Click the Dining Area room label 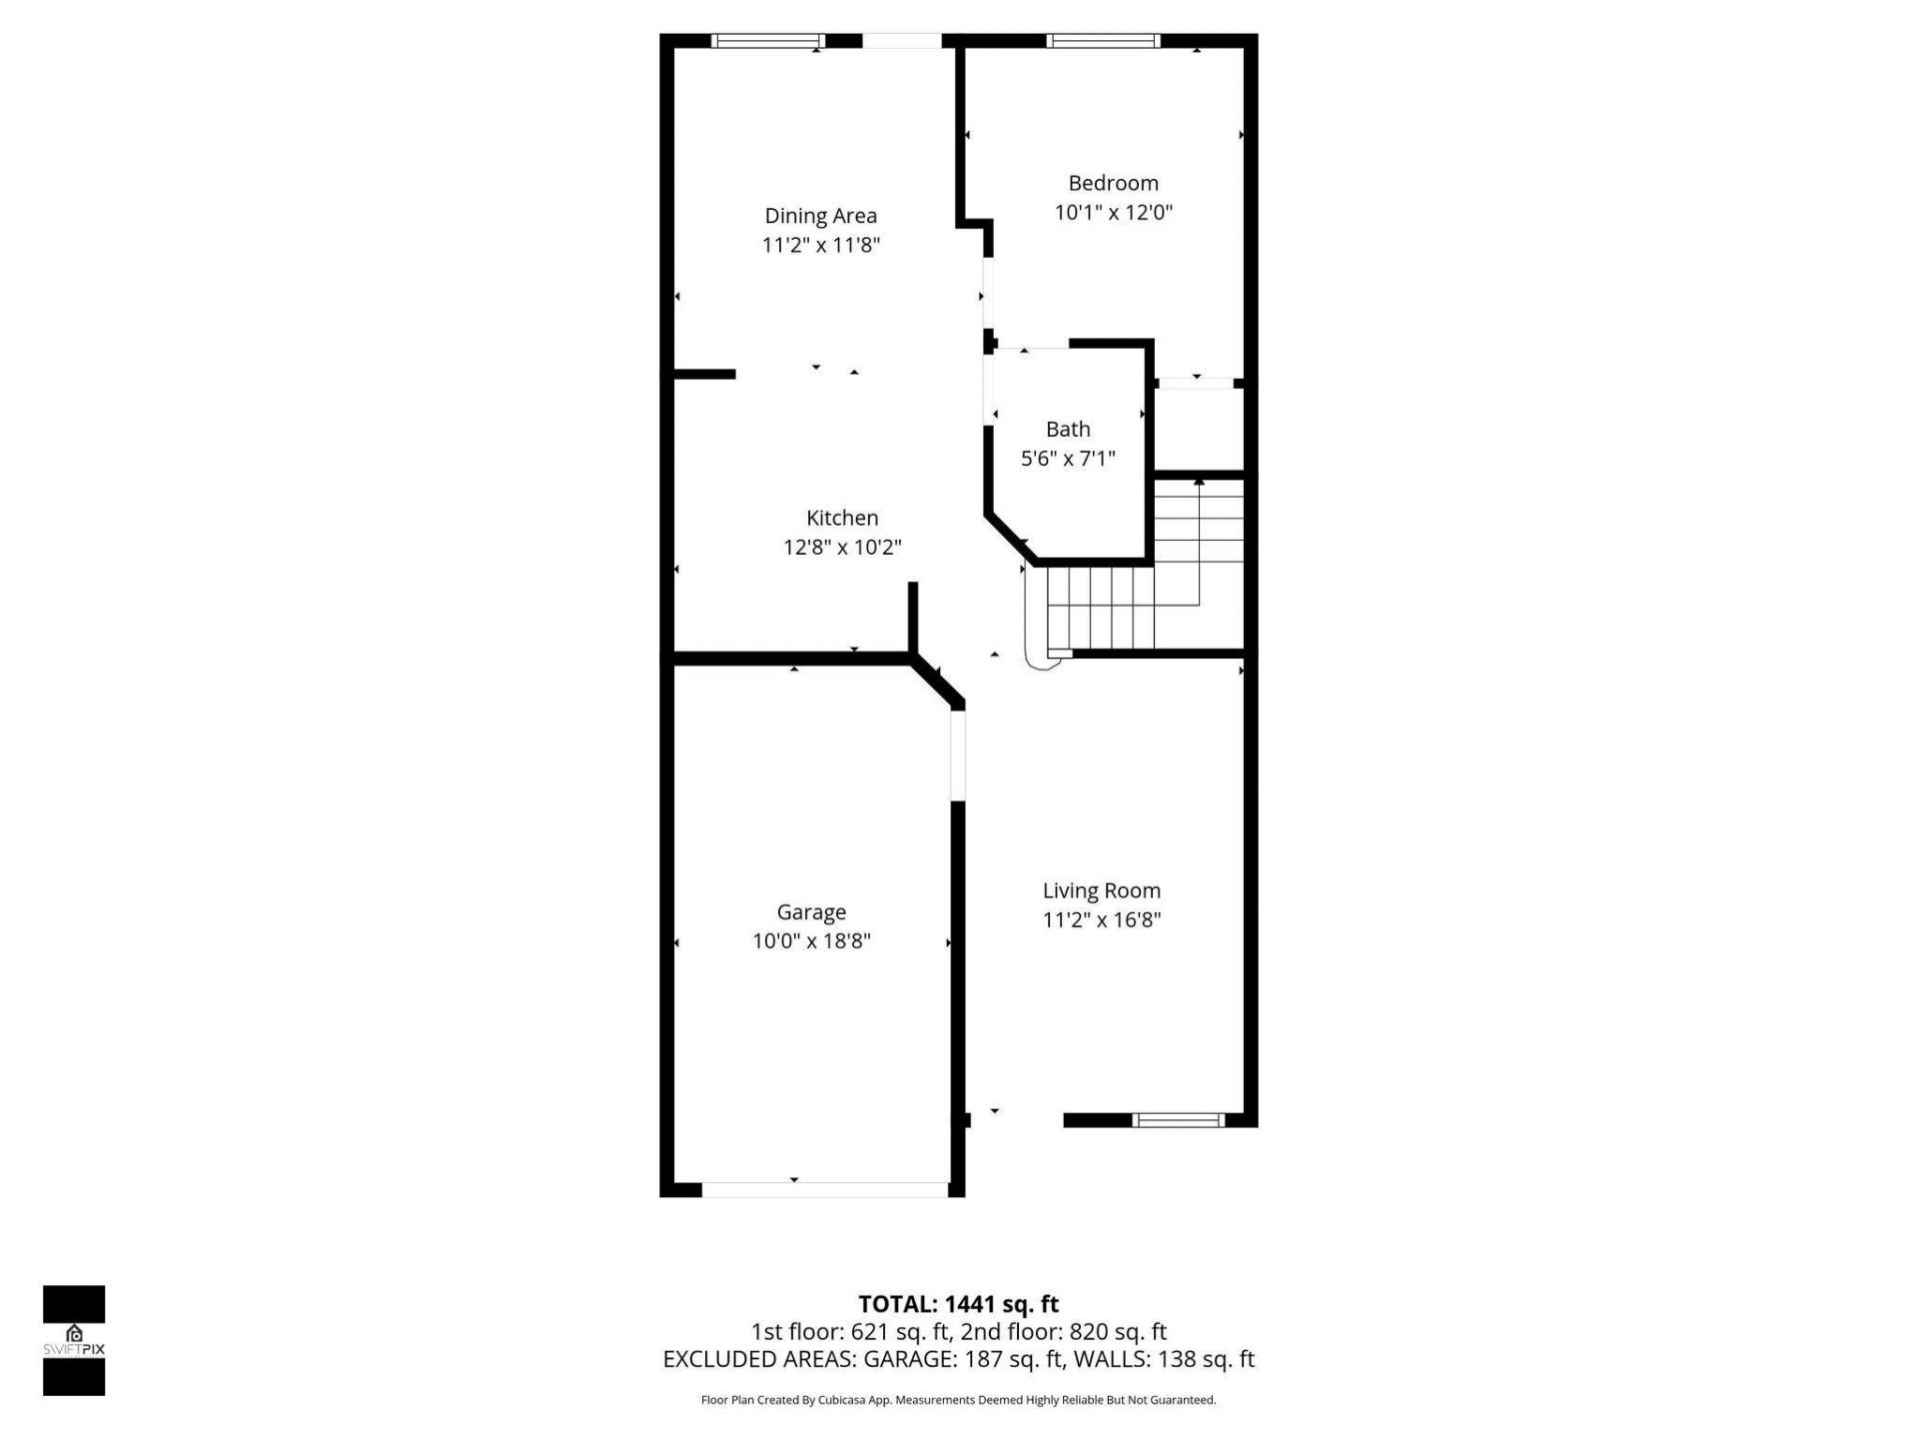(820, 216)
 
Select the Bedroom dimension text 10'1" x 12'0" (1113, 213)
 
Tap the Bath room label (1067, 430)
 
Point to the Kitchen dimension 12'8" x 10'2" (842, 548)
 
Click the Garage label (811, 912)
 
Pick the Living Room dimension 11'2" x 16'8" (1101, 920)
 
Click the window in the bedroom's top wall (1102, 41)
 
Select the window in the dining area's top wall (767, 41)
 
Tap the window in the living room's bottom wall (1179, 1120)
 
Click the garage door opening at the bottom (824, 1189)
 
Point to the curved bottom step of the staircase (1042, 655)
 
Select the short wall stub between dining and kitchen (705, 375)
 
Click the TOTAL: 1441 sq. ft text (958, 1304)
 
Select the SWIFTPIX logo (74, 1340)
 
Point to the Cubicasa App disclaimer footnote (958, 1400)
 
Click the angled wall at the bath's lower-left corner (1011, 540)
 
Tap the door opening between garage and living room (958, 754)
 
